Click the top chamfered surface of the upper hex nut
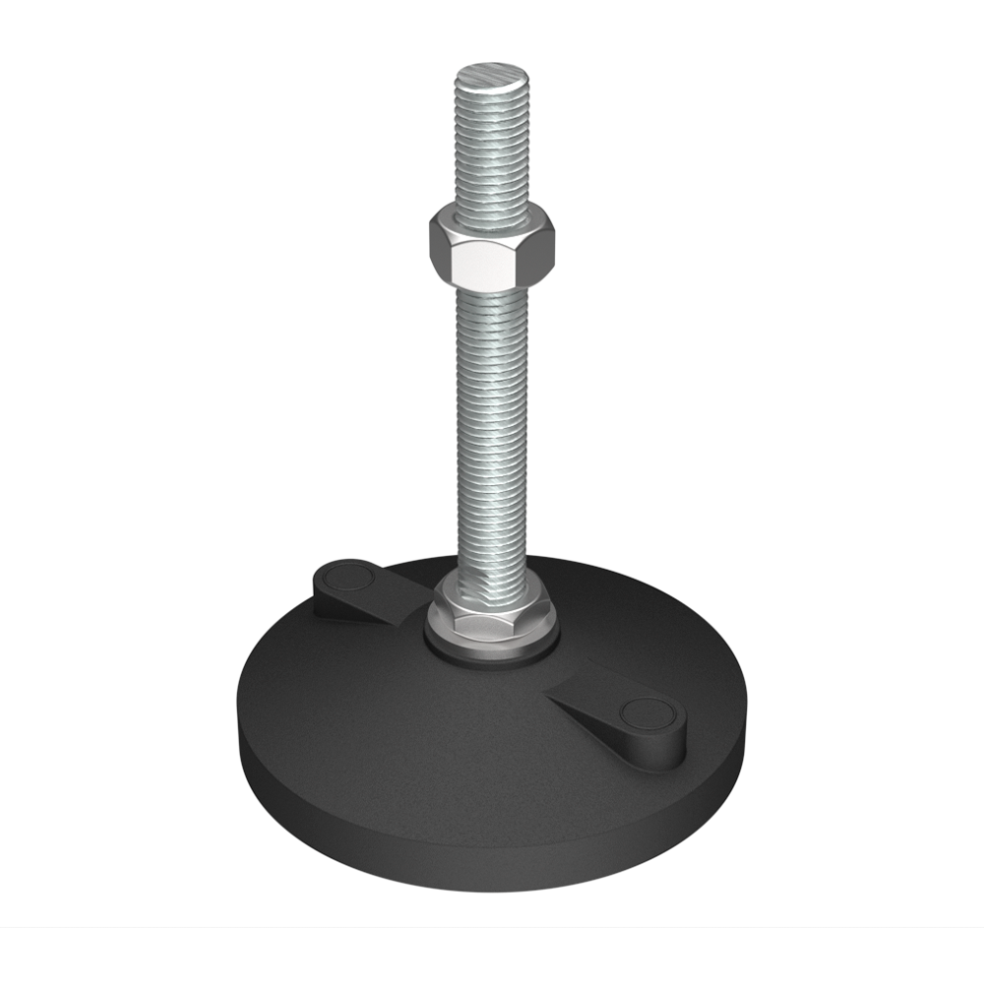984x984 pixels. pos(492,218)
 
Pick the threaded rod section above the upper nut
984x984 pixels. pos(492,148)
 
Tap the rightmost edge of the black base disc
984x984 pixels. pos(745,728)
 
